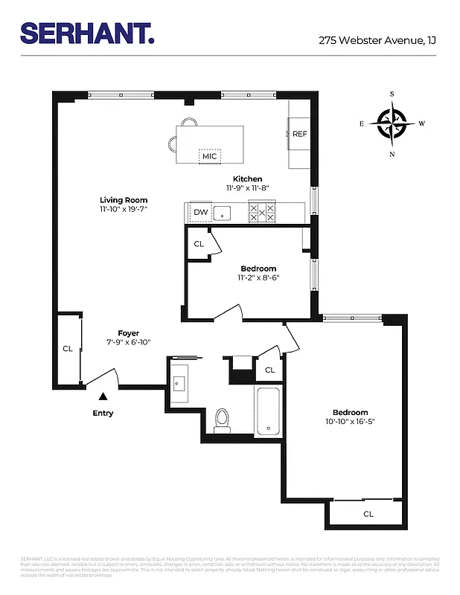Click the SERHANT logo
pyautogui.click(x=87, y=33)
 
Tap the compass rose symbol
pyautogui.click(x=392, y=123)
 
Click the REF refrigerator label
pyautogui.click(x=299, y=134)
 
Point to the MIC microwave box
pyautogui.click(x=209, y=156)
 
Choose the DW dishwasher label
pyautogui.click(x=200, y=213)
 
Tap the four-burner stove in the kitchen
pyautogui.click(x=262, y=213)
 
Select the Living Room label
pyautogui.click(x=124, y=200)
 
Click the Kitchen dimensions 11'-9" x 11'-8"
pyautogui.click(x=247, y=189)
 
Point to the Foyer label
pyautogui.click(x=128, y=333)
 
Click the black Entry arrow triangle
pyautogui.click(x=103, y=397)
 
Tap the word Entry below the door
pyautogui.click(x=103, y=414)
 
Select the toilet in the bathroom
pyautogui.click(x=222, y=420)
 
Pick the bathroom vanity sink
pyautogui.click(x=179, y=382)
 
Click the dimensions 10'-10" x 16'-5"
pyautogui.click(x=350, y=422)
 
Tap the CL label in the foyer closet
pyautogui.click(x=67, y=348)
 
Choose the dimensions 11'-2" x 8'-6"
pyautogui.click(x=258, y=278)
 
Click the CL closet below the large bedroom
pyautogui.click(x=368, y=514)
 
